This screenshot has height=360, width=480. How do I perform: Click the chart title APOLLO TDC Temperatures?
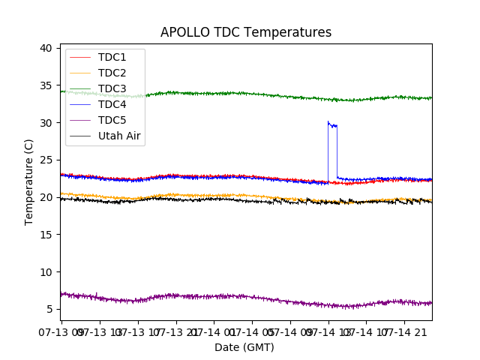[246, 32]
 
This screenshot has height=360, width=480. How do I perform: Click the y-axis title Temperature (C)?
[29, 181]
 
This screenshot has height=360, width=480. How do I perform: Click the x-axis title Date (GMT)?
[244, 347]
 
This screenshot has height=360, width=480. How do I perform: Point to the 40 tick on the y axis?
[46, 48]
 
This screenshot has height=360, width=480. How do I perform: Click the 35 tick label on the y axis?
[46, 85]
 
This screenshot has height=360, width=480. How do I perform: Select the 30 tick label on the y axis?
[46, 123]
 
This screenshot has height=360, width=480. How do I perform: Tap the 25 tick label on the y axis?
[46, 160]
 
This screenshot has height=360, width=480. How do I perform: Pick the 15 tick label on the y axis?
[46, 235]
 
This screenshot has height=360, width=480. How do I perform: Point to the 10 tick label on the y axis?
[46, 272]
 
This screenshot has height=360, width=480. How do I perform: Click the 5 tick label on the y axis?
[49, 309]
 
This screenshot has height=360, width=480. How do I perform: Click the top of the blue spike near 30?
[328, 122]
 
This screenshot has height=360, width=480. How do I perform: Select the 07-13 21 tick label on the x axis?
[176, 331]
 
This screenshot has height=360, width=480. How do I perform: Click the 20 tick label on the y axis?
[46, 197]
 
